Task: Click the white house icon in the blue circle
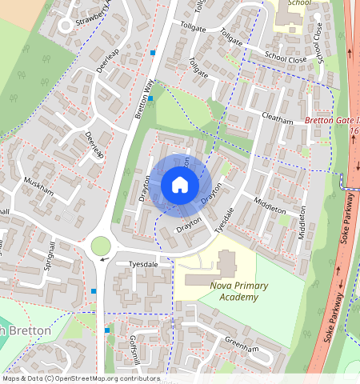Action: tap(180, 186)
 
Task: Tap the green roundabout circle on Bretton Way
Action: tap(102, 246)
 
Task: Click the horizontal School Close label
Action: tap(286, 58)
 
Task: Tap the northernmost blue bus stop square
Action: tap(153, 53)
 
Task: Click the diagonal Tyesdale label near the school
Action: tap(226, 221)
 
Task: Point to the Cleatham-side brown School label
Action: tap(300, 3)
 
